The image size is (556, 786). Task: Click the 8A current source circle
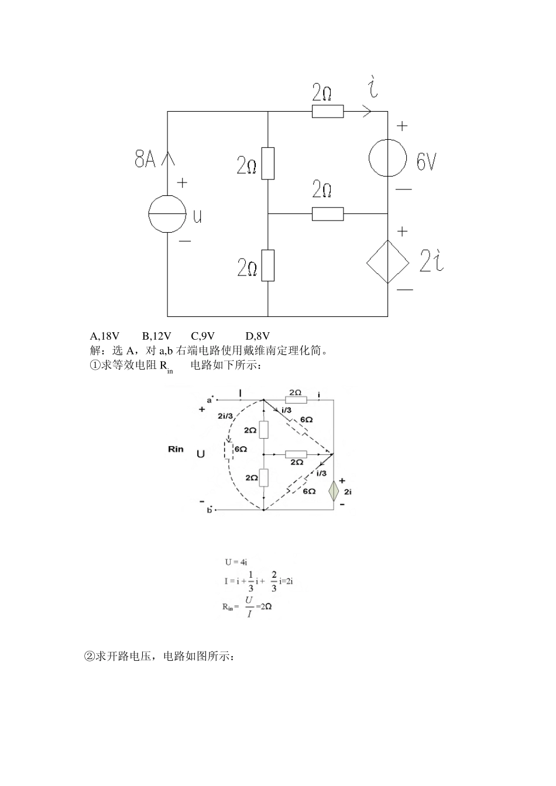tap(167, 214)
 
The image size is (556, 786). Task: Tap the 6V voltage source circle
tap(387, 157)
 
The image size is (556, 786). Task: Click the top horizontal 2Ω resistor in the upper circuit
tap(327, 111)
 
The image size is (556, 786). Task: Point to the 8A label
tap(145, 158)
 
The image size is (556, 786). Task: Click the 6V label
tap(426, 161)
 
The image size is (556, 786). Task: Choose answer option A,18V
tap(105, 336)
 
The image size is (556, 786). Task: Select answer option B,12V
tap(156, 336)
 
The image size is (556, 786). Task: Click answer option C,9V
tap(203, 336)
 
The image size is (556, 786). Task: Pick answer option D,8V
tap(258, 336)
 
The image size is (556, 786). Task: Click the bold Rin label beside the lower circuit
tap(176, 449)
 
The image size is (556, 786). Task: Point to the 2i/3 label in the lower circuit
tap(224, 416)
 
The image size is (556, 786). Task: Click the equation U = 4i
tap(236, 562)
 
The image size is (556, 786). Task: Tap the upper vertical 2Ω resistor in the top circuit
tap(267, 163)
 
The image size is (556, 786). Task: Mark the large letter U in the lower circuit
tap(201, 453)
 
